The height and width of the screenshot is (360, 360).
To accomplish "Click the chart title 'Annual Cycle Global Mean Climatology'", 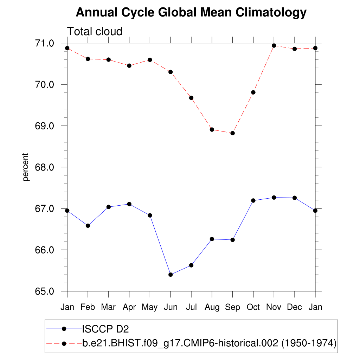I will click(x=191, y=13).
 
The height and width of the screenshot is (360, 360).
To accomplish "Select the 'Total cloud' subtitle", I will click(x=95, y=31).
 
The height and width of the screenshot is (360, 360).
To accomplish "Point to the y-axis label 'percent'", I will click(x=26, y=167).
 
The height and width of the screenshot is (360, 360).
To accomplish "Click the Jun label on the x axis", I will click(x=171, y=307).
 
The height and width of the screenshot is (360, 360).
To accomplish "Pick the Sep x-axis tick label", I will click(x=232, y=307).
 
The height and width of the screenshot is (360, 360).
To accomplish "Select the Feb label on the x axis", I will click(x=88, y=307).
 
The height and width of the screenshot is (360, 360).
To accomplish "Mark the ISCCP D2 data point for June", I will click(x=171, y=275).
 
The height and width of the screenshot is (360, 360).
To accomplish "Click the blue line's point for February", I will click(x=88, y=226).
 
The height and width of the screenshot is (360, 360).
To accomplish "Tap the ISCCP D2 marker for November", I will click(x=274, y=198).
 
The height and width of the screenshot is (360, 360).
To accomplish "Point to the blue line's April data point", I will click(x=129, y=204).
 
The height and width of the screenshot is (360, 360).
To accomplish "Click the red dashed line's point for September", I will click(x=232, y=133).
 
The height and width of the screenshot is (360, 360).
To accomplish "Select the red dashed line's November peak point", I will click(x=274, y=46).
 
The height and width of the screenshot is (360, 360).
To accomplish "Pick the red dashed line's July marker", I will click(x=191, y=98).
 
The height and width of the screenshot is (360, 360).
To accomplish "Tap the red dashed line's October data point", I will click(x=253, y=92).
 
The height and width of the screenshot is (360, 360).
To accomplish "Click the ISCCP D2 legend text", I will click(x=105, y=329).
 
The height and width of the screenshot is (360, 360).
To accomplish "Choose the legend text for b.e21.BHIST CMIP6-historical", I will click(x=210, y=343).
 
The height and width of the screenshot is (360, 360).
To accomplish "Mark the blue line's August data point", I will click(x=212, y=239).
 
